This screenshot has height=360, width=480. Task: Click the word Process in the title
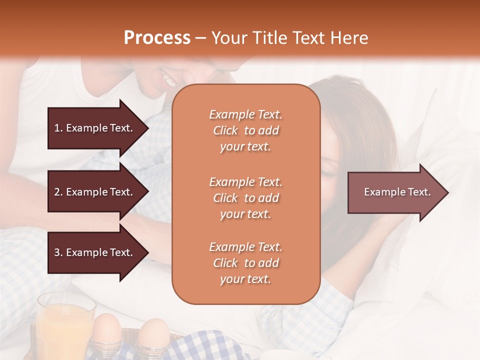click(x=157, y=38)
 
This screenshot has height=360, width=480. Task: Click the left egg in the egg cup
click(x=107, y=332)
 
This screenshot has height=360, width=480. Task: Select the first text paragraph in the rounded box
click(x=245, y=130)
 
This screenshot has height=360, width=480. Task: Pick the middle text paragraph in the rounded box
click(x=245, y=198)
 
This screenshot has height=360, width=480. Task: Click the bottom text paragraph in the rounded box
click(x=245, y=263)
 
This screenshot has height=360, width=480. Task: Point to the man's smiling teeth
click(x=169, y=79)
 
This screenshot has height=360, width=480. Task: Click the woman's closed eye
click(x=328, y=173)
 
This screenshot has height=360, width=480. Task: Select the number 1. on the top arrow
click(x=58, y=128)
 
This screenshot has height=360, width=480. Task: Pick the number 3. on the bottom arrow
click(x=58, y=252)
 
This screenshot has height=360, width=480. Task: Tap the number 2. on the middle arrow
click(x=58, y=192)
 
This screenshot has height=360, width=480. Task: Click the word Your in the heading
click(x=228, y=38)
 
